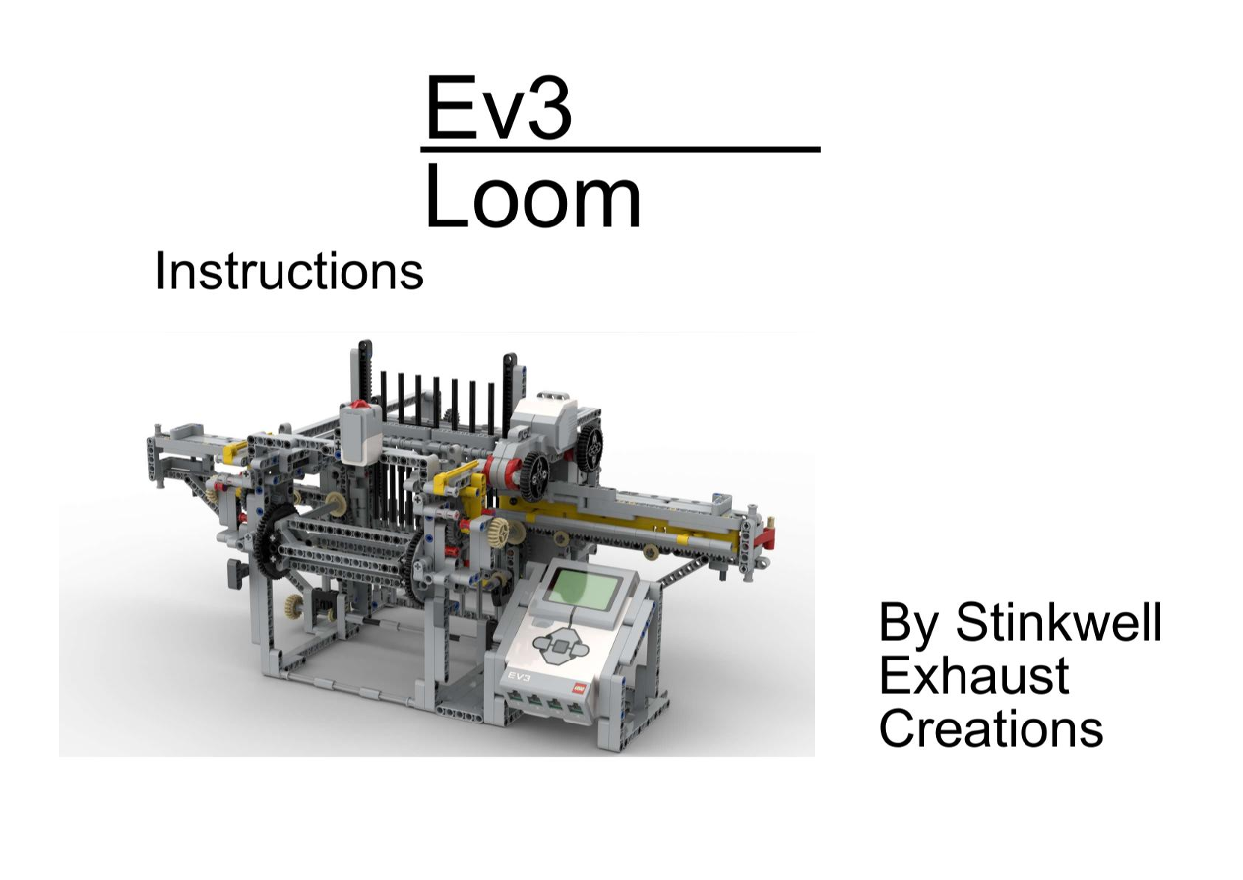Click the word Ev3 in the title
point(498,107)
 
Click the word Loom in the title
point(532,197)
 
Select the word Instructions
point(289,271)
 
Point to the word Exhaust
point(974,675)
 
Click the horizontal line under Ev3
point(620,150)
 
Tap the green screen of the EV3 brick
point(583,591)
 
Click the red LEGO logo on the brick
point(580,687)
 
